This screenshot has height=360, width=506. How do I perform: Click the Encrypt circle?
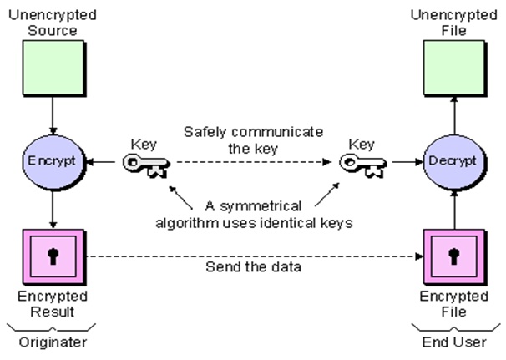click(53, 158)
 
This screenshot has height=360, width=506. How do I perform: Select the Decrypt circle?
click(451, 158)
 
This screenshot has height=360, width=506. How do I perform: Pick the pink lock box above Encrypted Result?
click(53, 255)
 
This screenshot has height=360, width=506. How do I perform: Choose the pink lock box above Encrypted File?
click(453, 255)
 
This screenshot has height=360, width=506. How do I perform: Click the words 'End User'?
click(452, 342)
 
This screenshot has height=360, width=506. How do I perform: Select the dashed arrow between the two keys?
click(250, 164)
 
